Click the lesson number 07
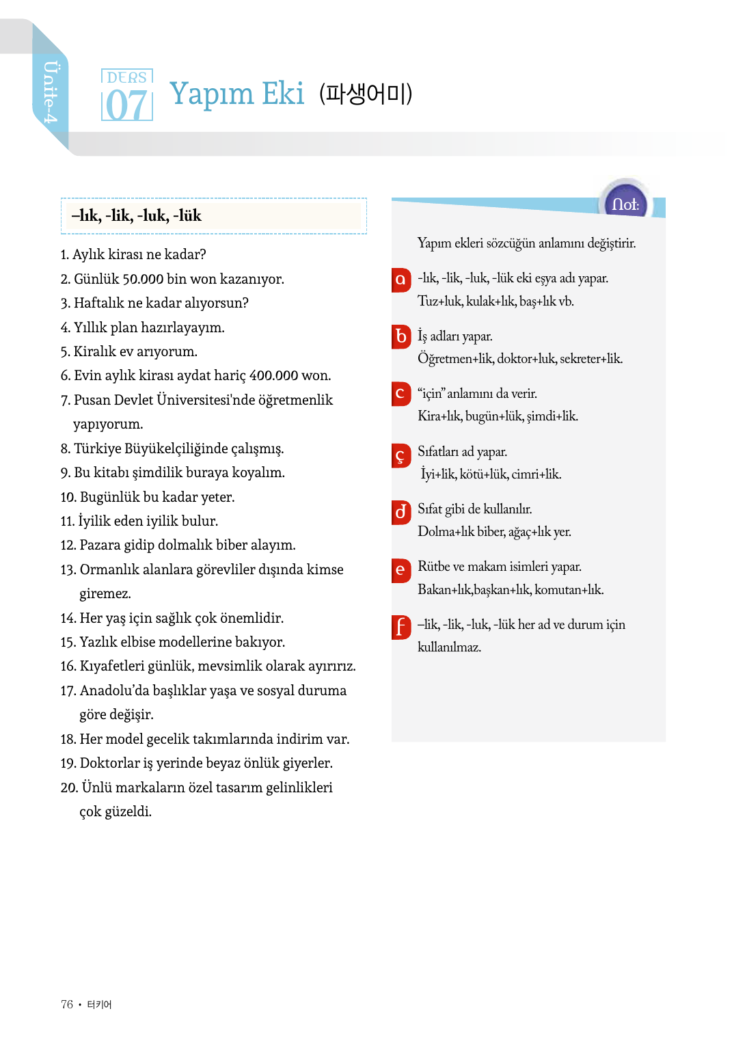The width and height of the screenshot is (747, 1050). click(126, 105)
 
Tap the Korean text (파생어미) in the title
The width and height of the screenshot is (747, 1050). click(366, 94)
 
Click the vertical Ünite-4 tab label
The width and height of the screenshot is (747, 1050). click(51, 92)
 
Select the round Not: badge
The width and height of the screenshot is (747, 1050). click(625, 203)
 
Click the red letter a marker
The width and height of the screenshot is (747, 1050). click(400, 280)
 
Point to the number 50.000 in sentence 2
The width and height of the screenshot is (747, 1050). click(143, 279)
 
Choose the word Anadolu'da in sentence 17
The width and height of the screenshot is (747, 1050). click(114, 690)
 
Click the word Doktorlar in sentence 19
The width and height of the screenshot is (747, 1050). click(109, 763)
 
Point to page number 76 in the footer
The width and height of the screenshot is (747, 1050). click(66, 1004)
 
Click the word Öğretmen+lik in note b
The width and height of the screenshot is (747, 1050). click(454, 359)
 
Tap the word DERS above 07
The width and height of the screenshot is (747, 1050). click(126, 77)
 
